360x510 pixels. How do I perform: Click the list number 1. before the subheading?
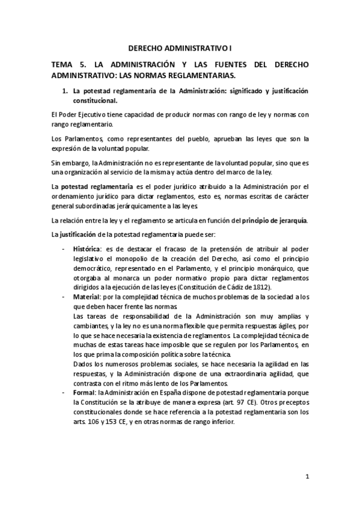pos(64,91)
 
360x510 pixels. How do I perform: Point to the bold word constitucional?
pos(96,100)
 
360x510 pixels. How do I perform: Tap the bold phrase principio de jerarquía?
pos(274,220)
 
